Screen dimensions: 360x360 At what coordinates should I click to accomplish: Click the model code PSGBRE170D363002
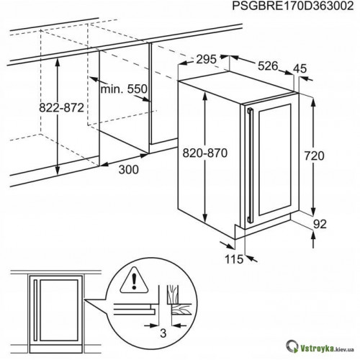(293, 6)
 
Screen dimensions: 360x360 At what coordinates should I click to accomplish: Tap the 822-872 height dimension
(61, 108)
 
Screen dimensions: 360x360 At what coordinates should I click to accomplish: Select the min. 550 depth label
(124, 89)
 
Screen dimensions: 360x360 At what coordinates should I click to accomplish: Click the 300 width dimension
(129, 170)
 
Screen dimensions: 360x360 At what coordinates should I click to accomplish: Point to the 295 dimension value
(206, 59)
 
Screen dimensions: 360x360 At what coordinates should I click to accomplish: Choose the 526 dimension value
(268, 66)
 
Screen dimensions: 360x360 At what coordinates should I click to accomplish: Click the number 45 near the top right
(300, 68)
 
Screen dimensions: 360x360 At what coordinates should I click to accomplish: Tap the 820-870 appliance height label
(204, 153)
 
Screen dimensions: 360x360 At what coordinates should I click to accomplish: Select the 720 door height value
(314, 156)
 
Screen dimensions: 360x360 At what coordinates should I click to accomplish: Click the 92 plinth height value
(320, 224)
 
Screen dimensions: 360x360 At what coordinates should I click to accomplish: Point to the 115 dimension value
(234, 259)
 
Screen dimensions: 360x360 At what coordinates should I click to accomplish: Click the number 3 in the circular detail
(163, 333)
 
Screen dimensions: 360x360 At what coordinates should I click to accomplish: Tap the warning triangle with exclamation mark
(134, 280)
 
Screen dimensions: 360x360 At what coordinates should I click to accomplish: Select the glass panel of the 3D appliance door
(275, 160)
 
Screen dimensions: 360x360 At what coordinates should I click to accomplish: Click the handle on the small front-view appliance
(35, 310)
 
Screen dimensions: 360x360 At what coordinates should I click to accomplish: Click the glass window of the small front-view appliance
(59, 310)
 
